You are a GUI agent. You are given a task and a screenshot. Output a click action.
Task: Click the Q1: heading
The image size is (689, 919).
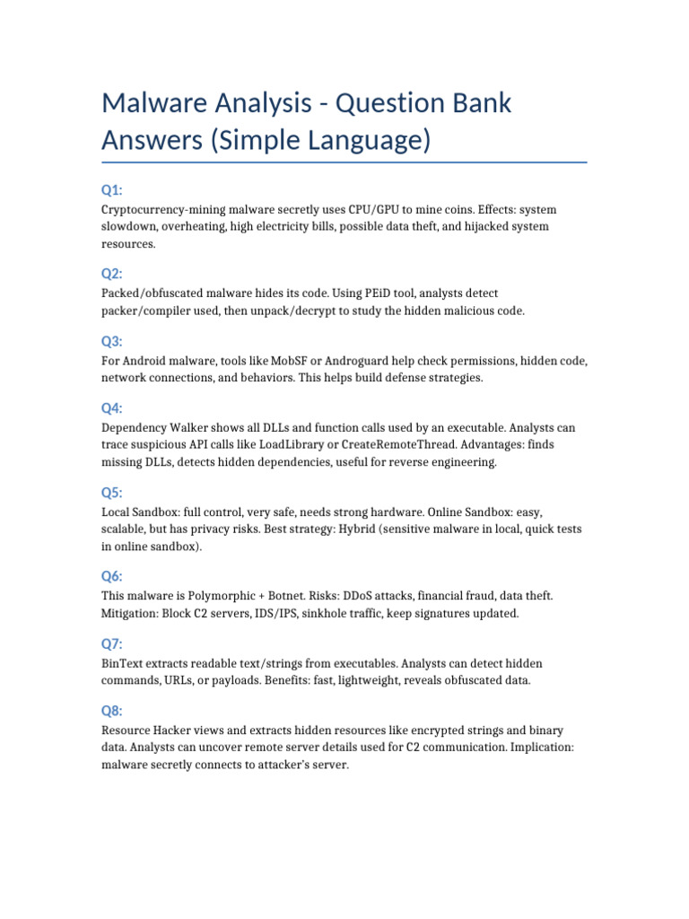tap(112, 189)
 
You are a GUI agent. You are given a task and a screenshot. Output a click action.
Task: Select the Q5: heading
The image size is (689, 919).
tap(112, 492)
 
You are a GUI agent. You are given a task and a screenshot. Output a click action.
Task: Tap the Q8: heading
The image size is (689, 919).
tap(112, 711)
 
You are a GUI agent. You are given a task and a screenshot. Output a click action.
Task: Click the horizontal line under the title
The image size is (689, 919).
tap(344, 162)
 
